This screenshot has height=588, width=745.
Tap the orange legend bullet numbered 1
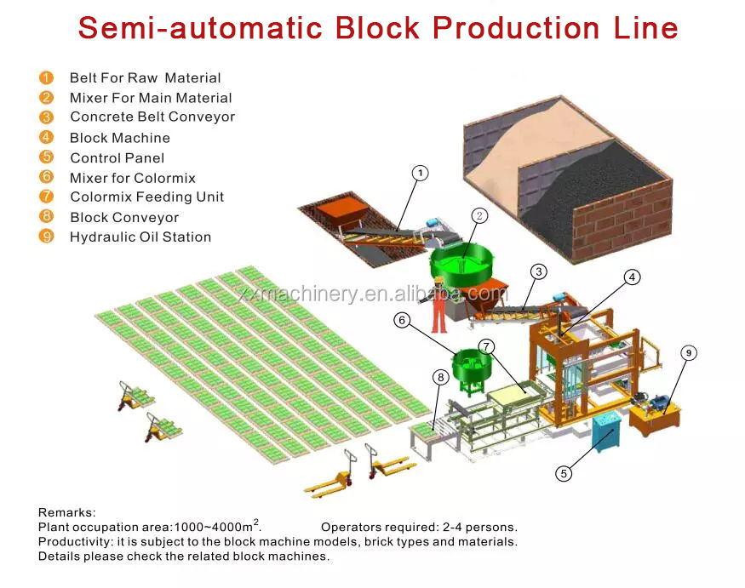[x=46, y=77]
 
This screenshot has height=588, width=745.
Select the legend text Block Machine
[x=120, y=138]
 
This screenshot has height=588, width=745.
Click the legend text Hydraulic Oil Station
[x=140, y=237]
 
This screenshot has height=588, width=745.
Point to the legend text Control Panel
[x=117, y=158]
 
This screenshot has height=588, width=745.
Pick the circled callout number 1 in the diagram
[x=420, y=173]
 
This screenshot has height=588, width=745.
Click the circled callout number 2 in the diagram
[x=479, y=216]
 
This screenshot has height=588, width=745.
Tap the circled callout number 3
[x=538, y=272]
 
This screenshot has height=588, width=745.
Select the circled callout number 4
[x=631, y=277]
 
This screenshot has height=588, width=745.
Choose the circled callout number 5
[x=563, y=474]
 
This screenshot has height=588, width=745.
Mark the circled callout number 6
[x=403, y=320]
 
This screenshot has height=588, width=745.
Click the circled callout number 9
[x=688, y=352]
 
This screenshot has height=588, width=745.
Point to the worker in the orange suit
[x=439, y=305]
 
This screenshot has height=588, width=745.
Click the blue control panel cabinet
[x=606, y=431]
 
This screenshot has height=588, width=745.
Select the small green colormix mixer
[x=468, y=368]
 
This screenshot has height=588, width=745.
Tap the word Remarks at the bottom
[x=66, y=512]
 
